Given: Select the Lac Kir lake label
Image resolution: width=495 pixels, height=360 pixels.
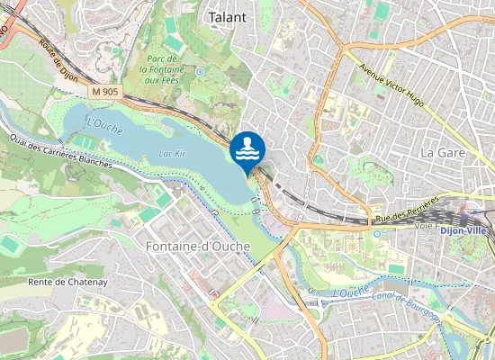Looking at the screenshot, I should tap(171, 155).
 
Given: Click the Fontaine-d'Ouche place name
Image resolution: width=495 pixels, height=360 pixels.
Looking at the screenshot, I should tap(189, 245).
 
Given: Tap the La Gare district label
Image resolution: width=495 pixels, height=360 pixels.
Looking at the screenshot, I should tap(442, 152).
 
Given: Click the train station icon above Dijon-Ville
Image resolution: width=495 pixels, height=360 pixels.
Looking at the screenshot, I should tap(463, 217).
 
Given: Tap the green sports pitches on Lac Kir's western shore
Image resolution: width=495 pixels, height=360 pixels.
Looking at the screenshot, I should tap(83, 142).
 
